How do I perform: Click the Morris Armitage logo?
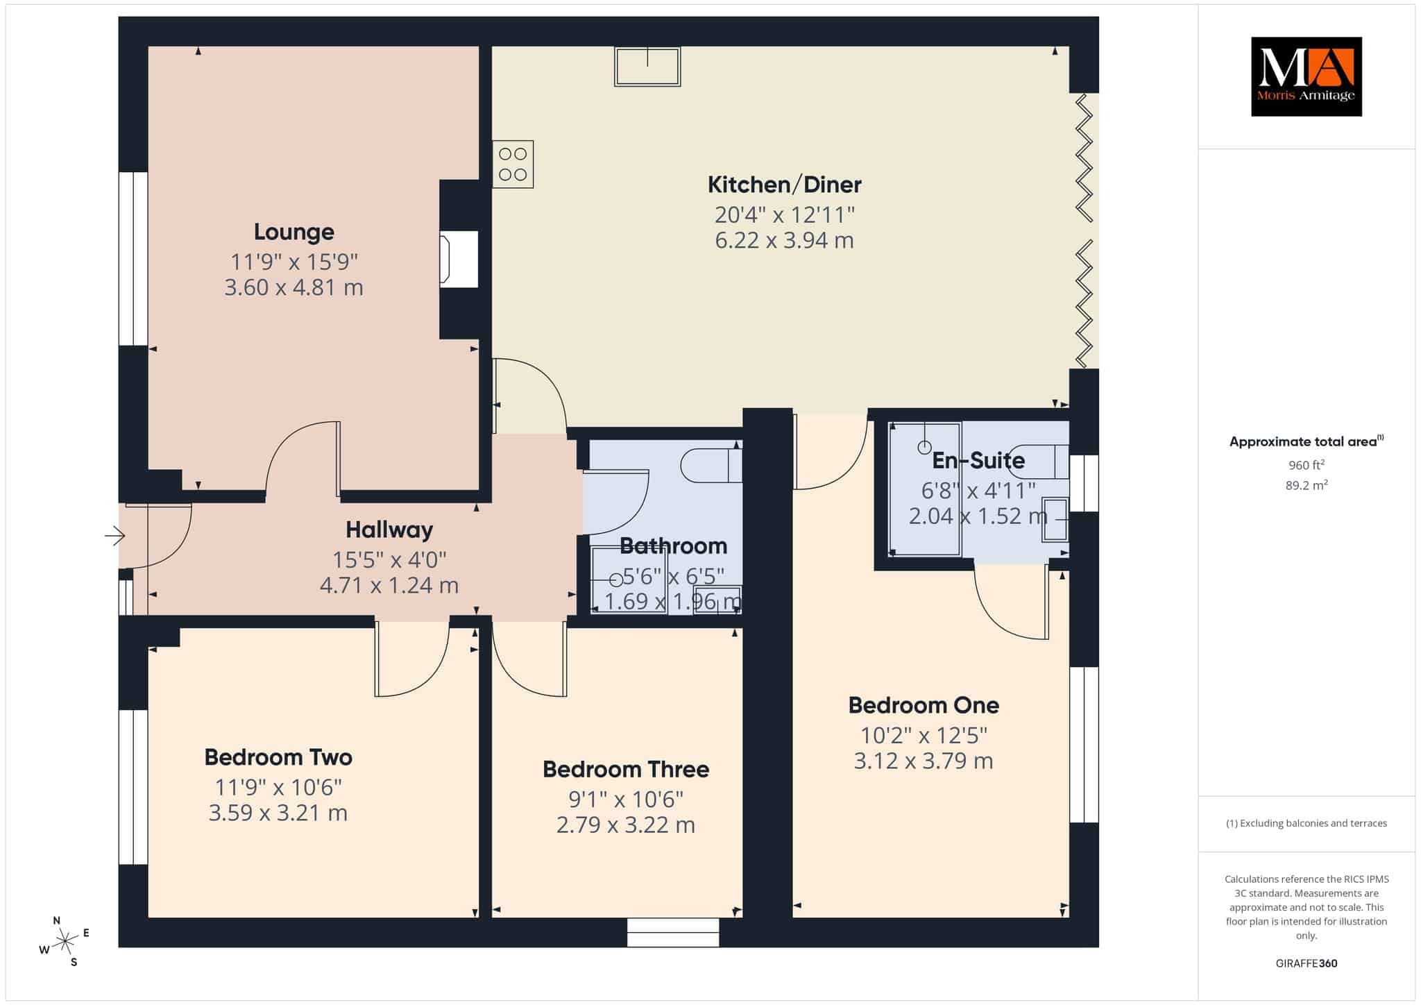click(1307, 76)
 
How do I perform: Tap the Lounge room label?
click(294, 232)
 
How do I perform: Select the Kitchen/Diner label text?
click(785, 185)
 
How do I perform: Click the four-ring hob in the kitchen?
click(513, 164)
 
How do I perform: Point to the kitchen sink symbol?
click(647, 67)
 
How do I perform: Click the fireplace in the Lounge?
click(459, 259)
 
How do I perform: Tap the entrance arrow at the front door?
click(114, 536)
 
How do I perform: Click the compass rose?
click(65, 941)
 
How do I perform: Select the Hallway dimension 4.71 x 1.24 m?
click(389, 586)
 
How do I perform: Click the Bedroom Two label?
click(278, 757)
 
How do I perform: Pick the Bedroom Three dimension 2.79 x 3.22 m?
click(626, 825)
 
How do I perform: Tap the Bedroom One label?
click(924, 705)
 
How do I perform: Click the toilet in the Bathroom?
click(711, 465)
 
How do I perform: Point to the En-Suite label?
click(978, 460)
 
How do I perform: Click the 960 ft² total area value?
click(1307, 465)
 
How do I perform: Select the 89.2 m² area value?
click(1307, 485)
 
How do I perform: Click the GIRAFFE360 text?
click(1307, 963)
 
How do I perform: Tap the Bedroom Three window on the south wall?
click(673, 932)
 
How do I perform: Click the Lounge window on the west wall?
click(133, 259)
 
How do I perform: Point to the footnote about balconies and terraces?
click(1307, 823)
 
